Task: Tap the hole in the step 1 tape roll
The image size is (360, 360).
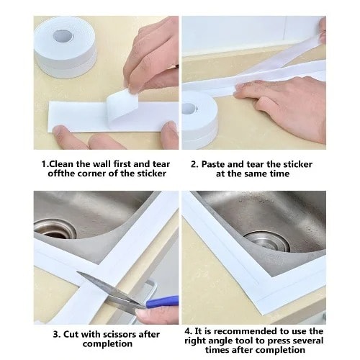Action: [63, 36]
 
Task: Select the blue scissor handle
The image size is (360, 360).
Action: [162, 302]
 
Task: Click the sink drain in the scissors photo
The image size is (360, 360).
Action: [55, 228]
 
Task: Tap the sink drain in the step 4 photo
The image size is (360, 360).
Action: [267, 241]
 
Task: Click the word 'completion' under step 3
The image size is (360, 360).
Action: [107, 344]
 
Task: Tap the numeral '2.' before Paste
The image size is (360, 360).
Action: [194, 164]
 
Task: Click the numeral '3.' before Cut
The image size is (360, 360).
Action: [57, 334]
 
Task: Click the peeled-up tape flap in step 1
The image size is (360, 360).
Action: [123, 107]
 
